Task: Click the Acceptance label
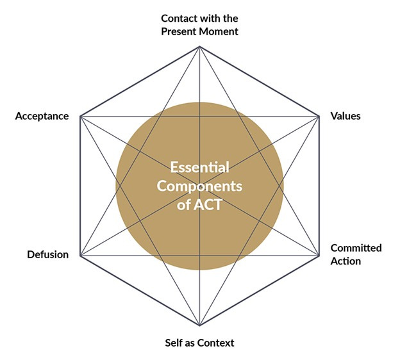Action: coord(42,117)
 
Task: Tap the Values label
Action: coord(346,116)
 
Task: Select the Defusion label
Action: coord(47,254)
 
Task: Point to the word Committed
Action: coord(356,248)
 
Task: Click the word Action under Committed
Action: coord(345,261)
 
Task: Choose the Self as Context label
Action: coord(199,343)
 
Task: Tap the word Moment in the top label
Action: coord(219,31)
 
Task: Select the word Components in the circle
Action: coord(199,186)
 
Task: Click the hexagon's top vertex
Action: coord(199,46)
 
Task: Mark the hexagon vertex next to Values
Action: coord(319,116)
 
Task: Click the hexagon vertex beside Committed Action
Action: coord(319,256)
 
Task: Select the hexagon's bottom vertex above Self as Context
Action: coord(199,325)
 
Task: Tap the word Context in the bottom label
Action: coord(215,343)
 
